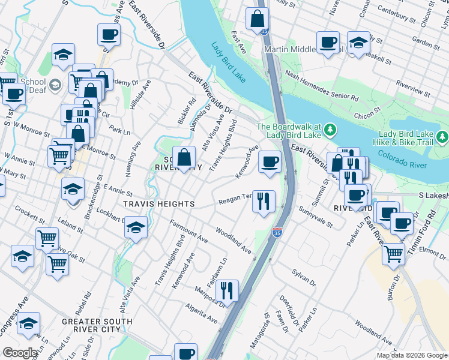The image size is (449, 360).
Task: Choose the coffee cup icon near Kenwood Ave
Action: point(270,161)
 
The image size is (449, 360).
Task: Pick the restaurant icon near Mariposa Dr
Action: point(227,290)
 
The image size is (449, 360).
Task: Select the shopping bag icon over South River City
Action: point(185,158)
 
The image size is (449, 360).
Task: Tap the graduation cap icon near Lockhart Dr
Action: point(136,228)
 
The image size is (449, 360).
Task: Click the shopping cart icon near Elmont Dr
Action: point(393,253)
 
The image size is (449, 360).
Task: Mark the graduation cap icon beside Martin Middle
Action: point(358,43)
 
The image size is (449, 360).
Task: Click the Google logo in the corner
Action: point(19,353)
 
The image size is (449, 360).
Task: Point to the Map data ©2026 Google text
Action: point(411,355)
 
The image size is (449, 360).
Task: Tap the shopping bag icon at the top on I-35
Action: point(257,19)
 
